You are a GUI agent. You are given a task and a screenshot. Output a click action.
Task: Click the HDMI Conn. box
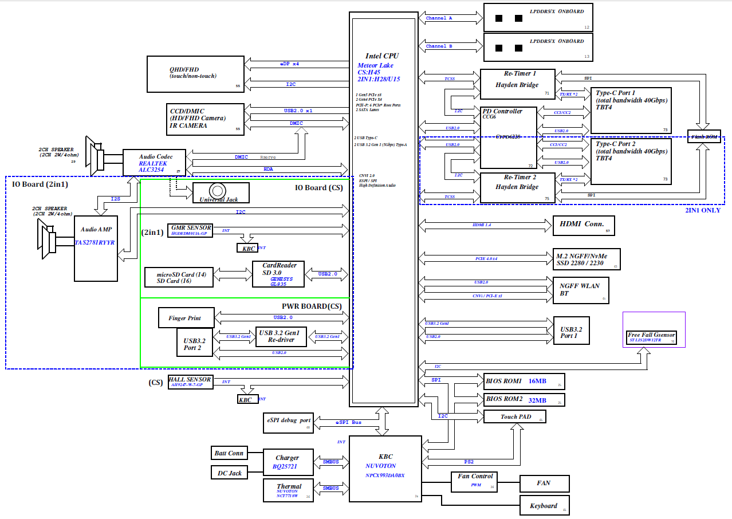583,226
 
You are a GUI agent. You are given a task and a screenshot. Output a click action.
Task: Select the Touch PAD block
514,416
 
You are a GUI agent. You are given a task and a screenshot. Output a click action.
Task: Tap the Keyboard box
544,506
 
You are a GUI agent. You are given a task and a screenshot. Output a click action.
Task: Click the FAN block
544,483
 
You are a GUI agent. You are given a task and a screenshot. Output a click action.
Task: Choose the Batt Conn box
229,453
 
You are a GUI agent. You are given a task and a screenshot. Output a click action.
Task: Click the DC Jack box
229,473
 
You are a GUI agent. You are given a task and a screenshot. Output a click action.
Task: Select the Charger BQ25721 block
288,463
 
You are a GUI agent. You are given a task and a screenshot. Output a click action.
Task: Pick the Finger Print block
187,318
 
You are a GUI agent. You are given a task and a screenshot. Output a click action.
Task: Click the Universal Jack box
221,192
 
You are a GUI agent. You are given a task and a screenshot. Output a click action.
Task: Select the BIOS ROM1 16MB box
524,382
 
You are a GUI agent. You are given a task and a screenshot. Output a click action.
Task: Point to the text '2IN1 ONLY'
703,210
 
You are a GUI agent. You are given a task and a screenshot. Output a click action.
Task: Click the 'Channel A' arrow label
440,18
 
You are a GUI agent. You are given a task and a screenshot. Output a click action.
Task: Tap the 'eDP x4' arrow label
289,64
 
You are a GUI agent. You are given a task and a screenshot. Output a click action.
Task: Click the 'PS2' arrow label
469,462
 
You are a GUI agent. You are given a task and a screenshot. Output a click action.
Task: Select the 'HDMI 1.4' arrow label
482,225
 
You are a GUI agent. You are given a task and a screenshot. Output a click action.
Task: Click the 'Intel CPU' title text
382,56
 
